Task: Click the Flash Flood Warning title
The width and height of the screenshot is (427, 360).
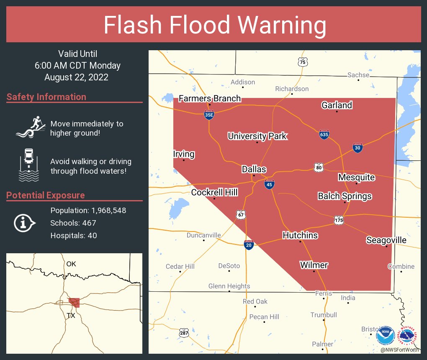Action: tap(215, 25)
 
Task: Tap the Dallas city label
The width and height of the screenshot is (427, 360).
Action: tap(254, 169)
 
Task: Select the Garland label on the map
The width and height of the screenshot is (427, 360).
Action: tap(337, 105)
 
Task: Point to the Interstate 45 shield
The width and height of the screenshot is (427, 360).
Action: tap(270, 184)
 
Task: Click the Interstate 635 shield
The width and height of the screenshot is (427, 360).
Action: tap(324, 134)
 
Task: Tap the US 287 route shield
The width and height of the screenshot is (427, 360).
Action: tap(184, 333)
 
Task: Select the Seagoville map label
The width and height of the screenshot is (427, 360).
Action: tap(386, 240)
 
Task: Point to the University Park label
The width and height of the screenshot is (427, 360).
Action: tap(257, 136)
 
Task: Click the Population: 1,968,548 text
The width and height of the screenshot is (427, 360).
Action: tap(88, 210)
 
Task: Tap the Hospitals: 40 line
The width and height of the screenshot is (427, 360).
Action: tap(73, 236)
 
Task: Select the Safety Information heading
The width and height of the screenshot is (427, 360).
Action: tap(46, 97)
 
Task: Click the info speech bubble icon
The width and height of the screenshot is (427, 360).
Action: tap(24, 223)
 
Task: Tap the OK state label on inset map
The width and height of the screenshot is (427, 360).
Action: tap(71, 264)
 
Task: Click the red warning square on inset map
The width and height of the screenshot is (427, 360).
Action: tap(74, 303)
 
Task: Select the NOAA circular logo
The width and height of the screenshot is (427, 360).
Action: tap(385, 336)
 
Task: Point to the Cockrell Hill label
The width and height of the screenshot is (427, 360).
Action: tap(214, 192)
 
